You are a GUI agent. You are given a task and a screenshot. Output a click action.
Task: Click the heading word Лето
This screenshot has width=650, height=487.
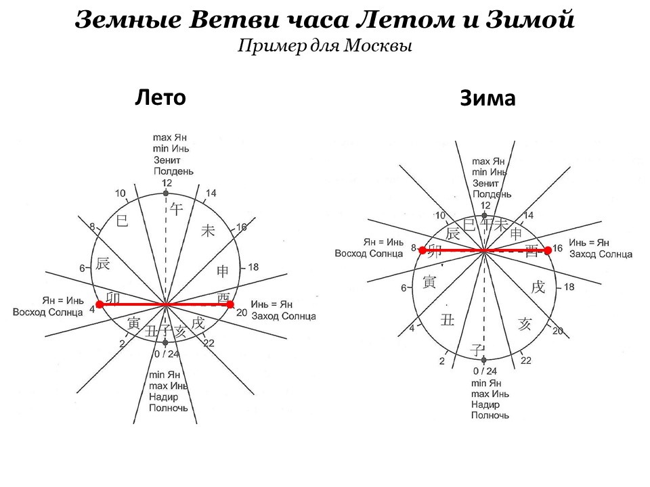coord(160,97)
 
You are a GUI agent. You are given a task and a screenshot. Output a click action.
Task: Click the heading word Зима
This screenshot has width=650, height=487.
coord(487,99)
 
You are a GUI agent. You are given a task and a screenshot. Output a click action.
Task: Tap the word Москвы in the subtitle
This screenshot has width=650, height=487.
coord(384,46)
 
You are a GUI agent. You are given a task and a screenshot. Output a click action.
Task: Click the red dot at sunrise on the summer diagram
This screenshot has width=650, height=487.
coord(100,304)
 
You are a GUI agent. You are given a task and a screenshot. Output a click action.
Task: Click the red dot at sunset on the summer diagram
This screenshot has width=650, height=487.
coord(230,304)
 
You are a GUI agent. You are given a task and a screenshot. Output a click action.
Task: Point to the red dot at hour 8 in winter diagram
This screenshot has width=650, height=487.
coord(422,250)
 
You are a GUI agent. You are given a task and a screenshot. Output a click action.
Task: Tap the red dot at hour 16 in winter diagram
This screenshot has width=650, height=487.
coord(547,250)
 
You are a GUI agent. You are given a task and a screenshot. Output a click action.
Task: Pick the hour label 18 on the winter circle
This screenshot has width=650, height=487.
coord(569,287)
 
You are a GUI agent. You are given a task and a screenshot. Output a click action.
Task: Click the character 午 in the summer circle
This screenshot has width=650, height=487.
coord(176,209)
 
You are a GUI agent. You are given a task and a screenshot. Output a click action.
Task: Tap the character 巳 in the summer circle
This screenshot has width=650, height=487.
coord(123,220)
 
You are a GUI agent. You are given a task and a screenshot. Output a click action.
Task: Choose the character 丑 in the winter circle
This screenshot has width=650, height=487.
coord(447,319)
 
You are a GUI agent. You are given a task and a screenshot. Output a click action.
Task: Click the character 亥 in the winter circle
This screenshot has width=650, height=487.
coord(525,324)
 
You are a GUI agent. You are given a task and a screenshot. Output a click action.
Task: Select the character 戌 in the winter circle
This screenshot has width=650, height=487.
coord(538,287)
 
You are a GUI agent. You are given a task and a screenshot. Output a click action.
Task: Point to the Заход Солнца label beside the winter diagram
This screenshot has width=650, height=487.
coord(601,254)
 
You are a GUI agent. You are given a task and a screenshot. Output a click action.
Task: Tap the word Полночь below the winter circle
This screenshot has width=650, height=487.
coord(490,415)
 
